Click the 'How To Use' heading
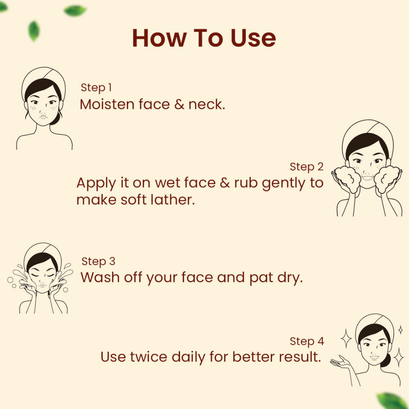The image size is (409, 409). (204, 38)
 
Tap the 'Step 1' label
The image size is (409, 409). (96, 88)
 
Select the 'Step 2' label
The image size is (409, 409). (306, 167)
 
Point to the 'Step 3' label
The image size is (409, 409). (98, 261)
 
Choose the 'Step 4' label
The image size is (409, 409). (307, 341)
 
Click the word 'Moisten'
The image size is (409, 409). (107, 104)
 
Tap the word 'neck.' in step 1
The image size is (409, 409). (207, 104)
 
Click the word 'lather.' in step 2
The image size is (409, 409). (173, 200)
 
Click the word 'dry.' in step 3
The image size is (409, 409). (290, 278)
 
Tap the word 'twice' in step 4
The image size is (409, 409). (148, 357)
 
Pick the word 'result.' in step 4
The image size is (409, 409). (300, 357)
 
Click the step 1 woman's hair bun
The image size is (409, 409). (56, 119)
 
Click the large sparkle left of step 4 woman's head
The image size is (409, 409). (346, 338)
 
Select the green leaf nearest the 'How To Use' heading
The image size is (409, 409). (75, 11)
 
